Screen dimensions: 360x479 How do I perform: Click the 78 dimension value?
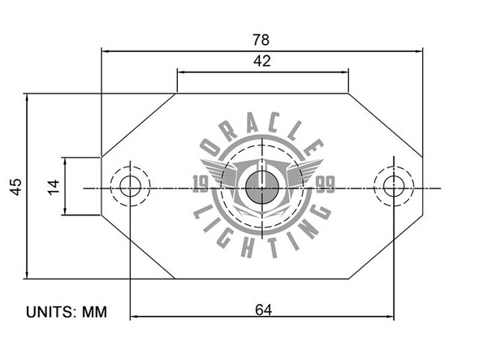click(x=261, y=39)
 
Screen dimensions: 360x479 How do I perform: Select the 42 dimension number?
click(x=262, y=60)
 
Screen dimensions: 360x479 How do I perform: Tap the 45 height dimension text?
click(x=15, y=186)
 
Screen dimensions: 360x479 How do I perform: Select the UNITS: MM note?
click(x=67, y=312)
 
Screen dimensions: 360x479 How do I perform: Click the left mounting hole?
click(x=129, y=187)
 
